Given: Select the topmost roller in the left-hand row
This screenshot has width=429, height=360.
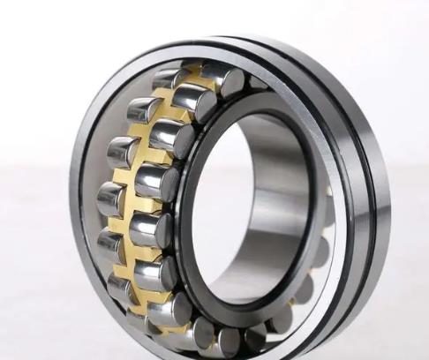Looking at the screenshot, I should pos(168,79).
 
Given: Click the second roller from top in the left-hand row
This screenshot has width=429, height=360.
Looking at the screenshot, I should pos(141,110).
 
